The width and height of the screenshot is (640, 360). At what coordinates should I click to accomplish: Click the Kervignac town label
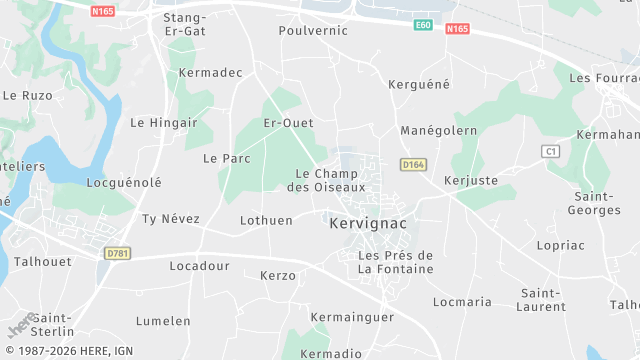pyautogui.click(x=368, y=224)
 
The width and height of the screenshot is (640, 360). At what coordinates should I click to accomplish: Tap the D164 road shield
pyautogui.click(x=413, y=164)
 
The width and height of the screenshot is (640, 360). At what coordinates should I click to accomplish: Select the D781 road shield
pyautogui.click(x=117, y=254)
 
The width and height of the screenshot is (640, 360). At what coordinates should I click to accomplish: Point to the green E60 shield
pyautogui.click(x=424, y=24)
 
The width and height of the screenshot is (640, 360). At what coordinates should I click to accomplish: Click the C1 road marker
pyautogui.click(x=549, y=151)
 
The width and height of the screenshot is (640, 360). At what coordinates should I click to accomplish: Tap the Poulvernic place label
pyautogui.click(x=313, y=30)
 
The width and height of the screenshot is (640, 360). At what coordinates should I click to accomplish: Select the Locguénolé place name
pyautogui.click(x=124, y=183)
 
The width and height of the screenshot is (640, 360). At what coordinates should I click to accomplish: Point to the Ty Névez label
pyautogui.click(x=171, y=218)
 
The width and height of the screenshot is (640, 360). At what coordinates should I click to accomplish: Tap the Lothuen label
pyautogui.click(x=267, y=220)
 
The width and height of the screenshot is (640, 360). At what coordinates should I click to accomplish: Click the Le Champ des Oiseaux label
pyautogui.click(x=327, y=180)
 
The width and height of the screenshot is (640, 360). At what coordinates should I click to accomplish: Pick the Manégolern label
pyautogui.click(x=438, y=131)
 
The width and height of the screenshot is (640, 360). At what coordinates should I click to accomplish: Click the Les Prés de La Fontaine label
pyautogui.click(x=396, y=262)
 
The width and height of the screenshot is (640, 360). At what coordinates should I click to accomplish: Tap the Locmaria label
pyautogui.click(x=462, y=301)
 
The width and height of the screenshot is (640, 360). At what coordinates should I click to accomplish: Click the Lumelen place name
pyautogui.click(x=163, y=321)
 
